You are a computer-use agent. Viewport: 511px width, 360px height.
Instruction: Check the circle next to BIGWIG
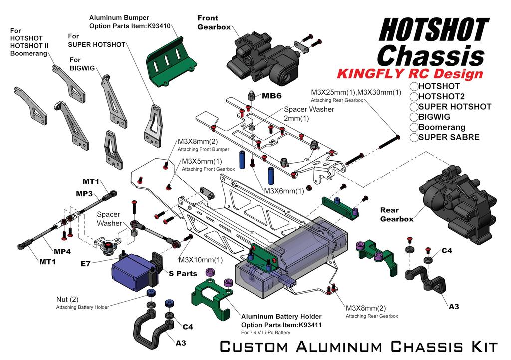click(x=414, y=117)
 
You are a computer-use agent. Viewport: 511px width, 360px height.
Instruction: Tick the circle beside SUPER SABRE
click(x=414, y=137)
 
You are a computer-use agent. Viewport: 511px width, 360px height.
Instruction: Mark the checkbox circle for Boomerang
click(x=414, y=127)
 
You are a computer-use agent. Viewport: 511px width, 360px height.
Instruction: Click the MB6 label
click(x=272, y=96)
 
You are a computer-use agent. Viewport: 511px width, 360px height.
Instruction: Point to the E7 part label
click(x=86, y=263)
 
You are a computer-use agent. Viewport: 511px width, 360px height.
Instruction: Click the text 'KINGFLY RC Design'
click(x=410, y=74)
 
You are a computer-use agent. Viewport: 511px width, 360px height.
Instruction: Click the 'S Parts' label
click(x=183, y=273)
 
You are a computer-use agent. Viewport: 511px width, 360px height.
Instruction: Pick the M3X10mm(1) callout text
click(x=201, y=260)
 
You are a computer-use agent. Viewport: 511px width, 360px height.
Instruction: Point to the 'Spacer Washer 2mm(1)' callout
click(x=309, y=114)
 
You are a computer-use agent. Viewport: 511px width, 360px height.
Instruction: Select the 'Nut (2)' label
click(x=67, y=299)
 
